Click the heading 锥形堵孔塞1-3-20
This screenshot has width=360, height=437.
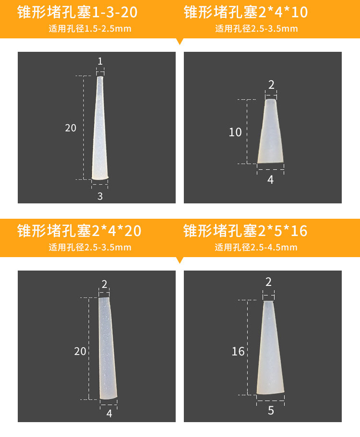[x=77, y=12]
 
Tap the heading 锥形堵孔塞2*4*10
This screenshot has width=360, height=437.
[x=245, y=12]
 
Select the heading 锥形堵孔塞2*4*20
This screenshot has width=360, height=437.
[x=79, y=231]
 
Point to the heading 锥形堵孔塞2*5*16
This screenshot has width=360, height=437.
[x=245, y=231]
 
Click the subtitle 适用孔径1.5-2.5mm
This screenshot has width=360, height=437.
[x=90, y=29]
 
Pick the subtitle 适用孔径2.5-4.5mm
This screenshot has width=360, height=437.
[x=256, y=247]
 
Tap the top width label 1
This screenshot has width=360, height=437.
[x=100, y=61]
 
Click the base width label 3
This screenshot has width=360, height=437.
[x=100, y=196]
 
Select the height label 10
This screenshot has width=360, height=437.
[x=235, y=132]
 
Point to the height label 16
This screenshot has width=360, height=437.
[x=238, y=352]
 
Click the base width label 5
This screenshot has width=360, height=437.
[x=271, y=411]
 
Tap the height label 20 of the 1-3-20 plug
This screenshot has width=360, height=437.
[x=71, y=128]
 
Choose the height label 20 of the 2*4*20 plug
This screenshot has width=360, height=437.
[x=80, y=351]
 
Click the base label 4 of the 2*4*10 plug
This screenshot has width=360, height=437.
[x=271, y=180]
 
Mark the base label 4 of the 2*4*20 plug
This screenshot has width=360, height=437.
[x=109, y=413]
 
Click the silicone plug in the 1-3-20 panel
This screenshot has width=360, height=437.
[x=99, y=128]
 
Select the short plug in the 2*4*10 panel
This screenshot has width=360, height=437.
[x=271, y=131]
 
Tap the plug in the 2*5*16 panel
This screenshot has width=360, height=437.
[x=270, y=348]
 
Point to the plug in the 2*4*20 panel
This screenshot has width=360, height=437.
[x=108, y=348]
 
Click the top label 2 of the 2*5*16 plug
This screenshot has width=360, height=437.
[x=268, y=282]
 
